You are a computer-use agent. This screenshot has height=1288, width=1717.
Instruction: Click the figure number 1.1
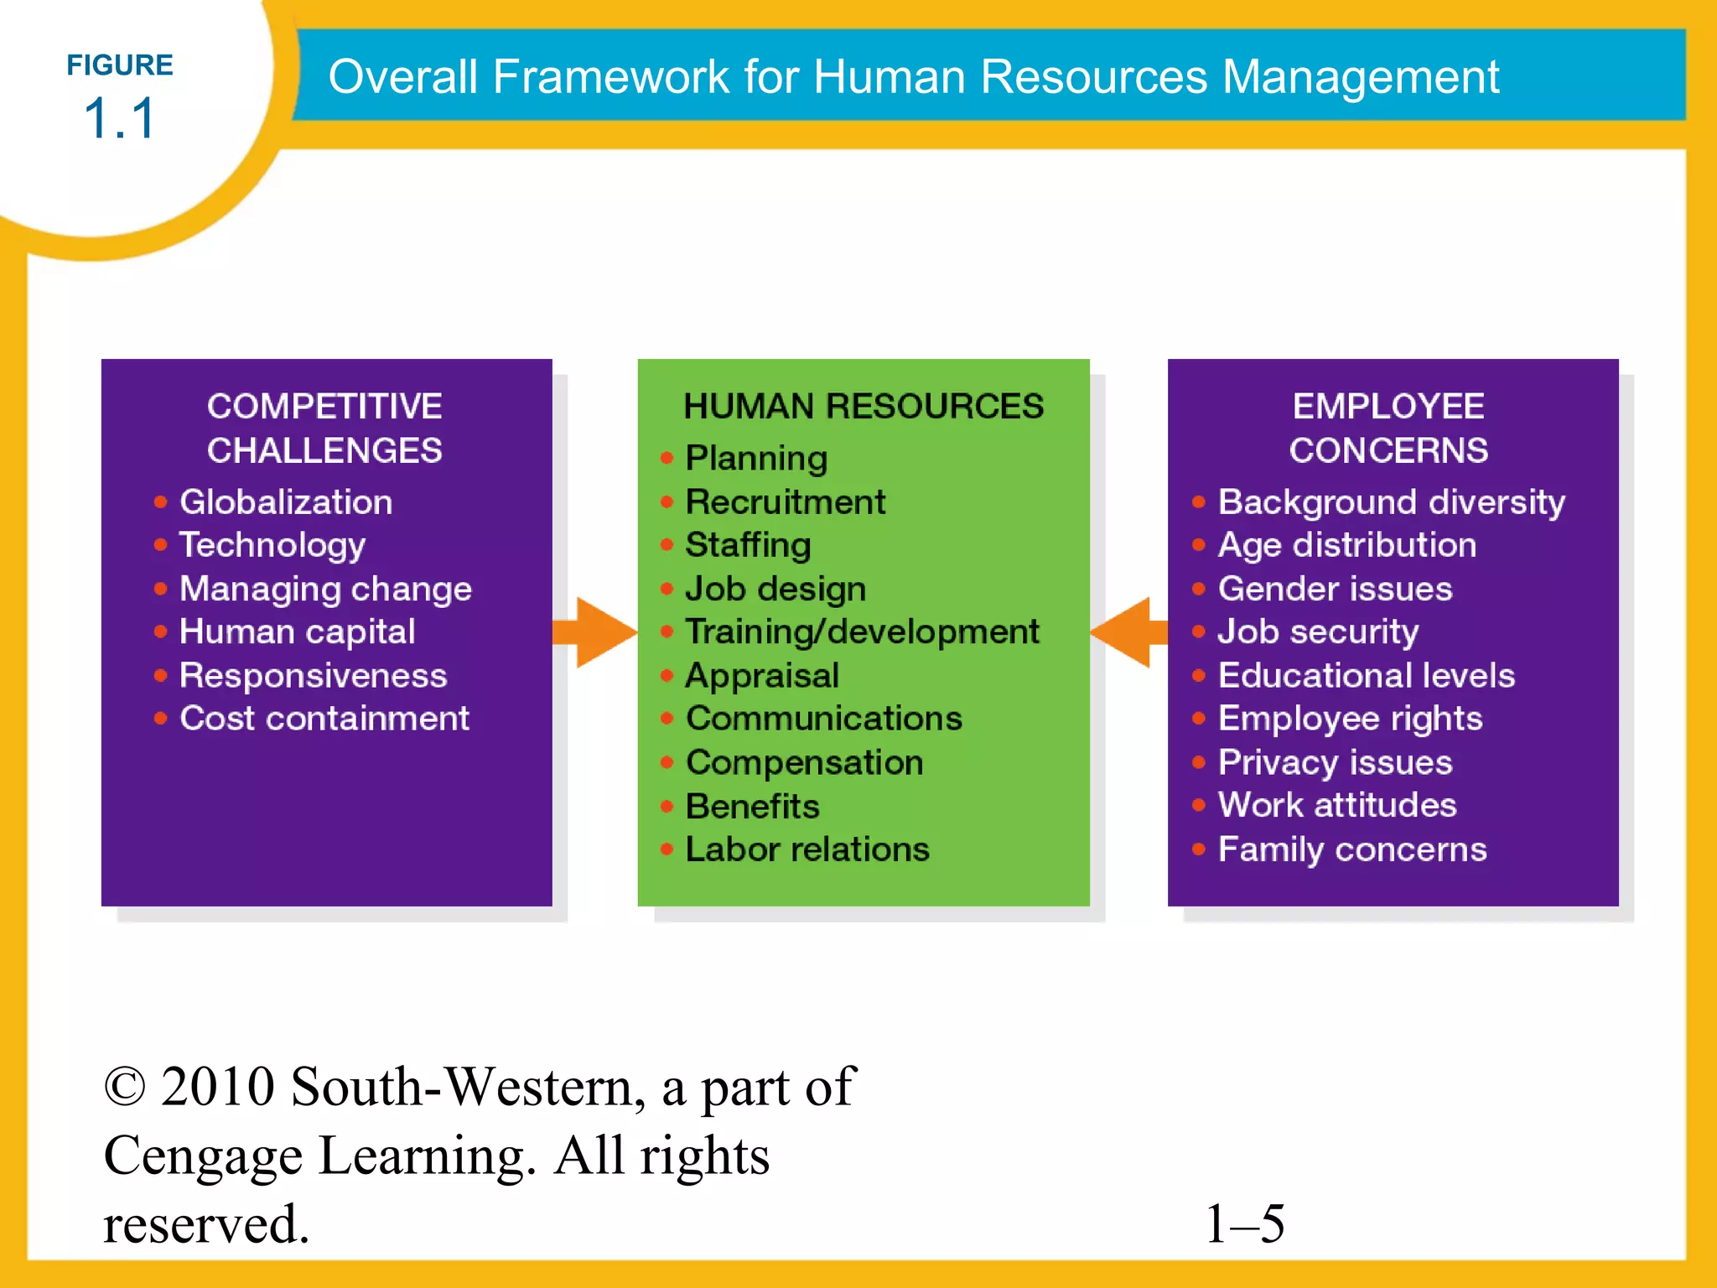pyautogui.click(x=120, y=118)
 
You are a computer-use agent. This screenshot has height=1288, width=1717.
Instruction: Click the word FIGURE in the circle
pyautogui.click(x=120, y=65)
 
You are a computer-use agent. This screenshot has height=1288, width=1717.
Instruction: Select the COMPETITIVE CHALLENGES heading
pyautogui.click(x=324, y=428)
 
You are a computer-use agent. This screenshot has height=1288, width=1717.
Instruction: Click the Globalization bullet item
pyautogui.click(x=286, y=502)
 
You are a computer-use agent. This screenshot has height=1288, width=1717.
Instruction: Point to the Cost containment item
pyautogui.click(x=324, y=719)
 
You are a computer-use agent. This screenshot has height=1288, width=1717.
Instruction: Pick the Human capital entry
pyautogui.click(x=298, y=632)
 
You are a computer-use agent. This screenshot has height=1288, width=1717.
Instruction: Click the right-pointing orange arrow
pyautogui.click(x=597, y=632)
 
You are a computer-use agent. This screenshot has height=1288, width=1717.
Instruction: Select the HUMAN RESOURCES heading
pyautogui.click(x=864, y=407)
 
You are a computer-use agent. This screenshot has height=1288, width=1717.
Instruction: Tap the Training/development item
pyautogui.click(x=862, y=632)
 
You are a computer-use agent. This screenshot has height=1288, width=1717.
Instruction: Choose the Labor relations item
pyautogui.click(x=807, y=849)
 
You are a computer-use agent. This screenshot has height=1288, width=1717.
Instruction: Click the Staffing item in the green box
pyautogui.click(x=748, y=545)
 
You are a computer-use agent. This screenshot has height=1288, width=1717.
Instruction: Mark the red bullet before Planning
pyautogui.click(x=667, y=458)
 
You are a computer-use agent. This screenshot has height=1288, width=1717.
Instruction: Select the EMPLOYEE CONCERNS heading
pyautogui.click(x=1388, y=428)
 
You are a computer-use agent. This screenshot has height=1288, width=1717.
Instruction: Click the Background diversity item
pyautogui.click(x=1391, y=502)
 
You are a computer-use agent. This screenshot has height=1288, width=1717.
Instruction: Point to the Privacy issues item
pyautogui.click(x=1335, y=762)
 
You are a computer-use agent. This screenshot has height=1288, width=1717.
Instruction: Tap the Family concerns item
pyautogui.click(x=1352, y=849)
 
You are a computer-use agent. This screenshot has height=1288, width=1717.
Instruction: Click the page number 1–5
pyautogui.click(x=1245, y=1223)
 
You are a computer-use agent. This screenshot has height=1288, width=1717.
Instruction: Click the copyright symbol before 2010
pyautogui.click(x=125, y=1088)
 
